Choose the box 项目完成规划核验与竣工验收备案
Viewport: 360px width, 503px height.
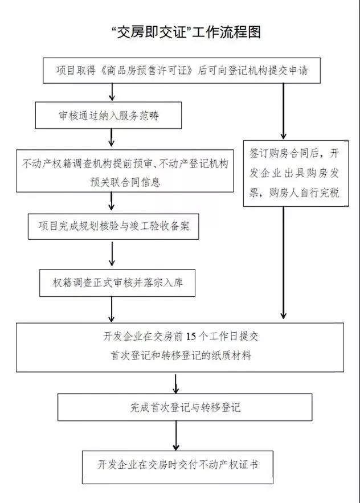[114, 227]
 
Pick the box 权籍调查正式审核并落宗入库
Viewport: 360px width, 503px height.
[117, 283]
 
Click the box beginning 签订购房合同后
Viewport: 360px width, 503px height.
[295, 173]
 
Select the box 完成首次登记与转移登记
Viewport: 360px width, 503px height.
[185, 407]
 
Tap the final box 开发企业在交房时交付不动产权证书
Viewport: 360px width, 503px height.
[178, 464]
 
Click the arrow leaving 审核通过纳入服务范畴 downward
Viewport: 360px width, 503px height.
[112, 137]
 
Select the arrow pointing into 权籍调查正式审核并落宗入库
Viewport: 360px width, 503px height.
[112, 255]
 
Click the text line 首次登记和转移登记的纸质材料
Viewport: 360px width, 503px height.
[181, 356]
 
